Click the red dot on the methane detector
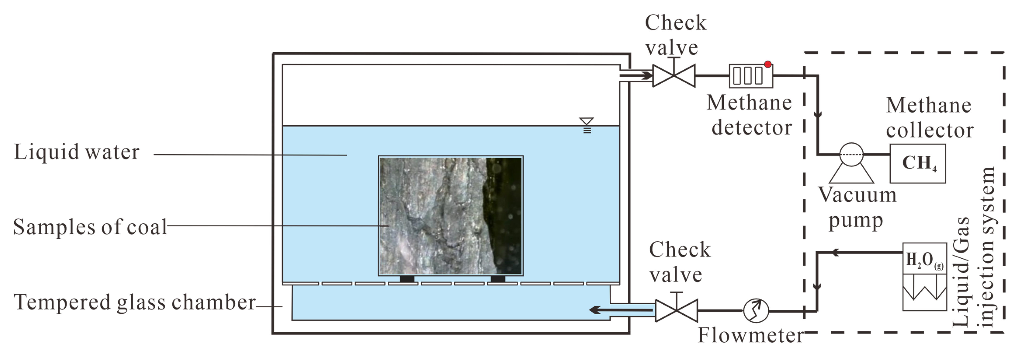(x=767, y=64)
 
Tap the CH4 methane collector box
(x=918, y=163)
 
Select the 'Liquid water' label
(x=77, y=152)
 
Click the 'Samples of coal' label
(x=90, y=227)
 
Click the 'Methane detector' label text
(x=749, y=115)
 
